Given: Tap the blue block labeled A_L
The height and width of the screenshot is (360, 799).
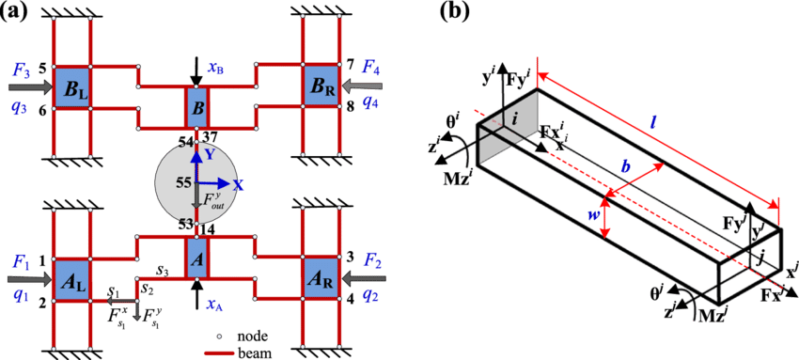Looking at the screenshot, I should [x=72, y=279].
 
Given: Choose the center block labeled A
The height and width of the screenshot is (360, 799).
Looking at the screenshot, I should [x=196, y=256].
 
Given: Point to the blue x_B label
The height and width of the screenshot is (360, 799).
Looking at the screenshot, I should [x=215, y=69].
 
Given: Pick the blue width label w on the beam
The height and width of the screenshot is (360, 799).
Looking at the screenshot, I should [x=593, y=215].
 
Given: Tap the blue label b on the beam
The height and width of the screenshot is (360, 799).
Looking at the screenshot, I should [x=625, y=166].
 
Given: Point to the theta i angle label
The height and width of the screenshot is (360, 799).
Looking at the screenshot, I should [x=452, y=121].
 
